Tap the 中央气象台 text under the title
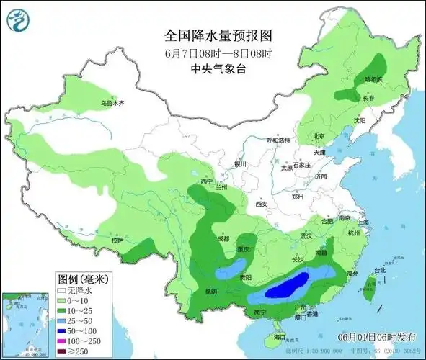[x=213, y=68]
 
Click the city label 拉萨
[x=117, y=240]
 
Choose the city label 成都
[x=222, y=239]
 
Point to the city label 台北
[x=376, y=271]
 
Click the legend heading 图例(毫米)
[x=82, y=279]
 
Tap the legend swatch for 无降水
[x=63, y=290]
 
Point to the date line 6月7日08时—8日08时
[x=213, y=53]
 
